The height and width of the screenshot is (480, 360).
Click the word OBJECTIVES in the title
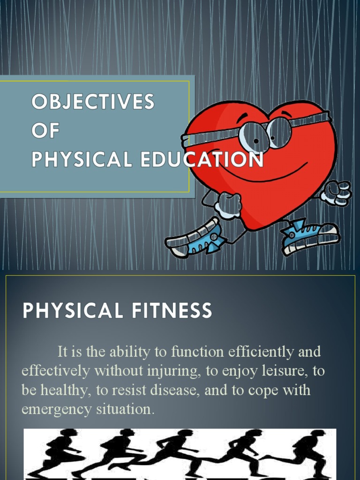tap(92, 102)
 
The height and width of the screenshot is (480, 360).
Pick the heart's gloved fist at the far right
tap(337, 192)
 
